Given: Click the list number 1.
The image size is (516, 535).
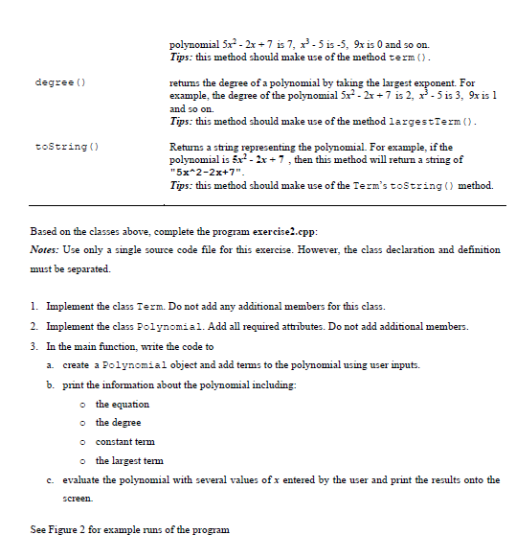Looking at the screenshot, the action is tap(34, 305).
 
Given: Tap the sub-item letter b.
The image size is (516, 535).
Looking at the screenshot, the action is tap(54, 385).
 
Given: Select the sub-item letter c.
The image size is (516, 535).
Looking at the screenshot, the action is tap(54, 480).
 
